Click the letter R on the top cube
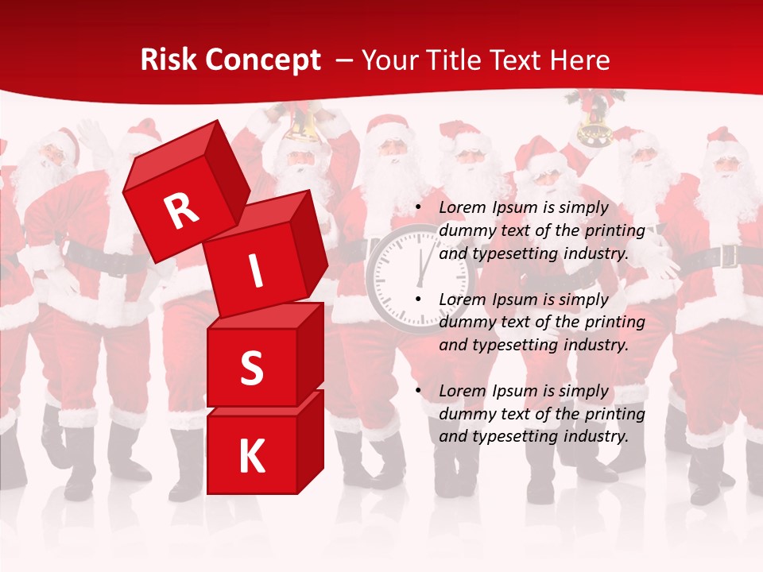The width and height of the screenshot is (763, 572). tap(181, 211)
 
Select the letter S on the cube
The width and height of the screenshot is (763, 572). tap(251, 369)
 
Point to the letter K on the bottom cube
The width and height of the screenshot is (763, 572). tap(251, 456)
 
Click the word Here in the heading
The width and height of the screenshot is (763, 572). tap(577, 60)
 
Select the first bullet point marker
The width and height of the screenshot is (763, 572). tap(419, 208)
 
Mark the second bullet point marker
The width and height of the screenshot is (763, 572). tap(419, 300)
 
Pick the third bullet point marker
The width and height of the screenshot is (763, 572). tap(419, 392)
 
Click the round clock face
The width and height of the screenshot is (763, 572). tap(420, 274)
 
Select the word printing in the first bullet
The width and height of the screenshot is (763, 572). tap(614, 231)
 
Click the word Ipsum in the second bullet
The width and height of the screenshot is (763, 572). tap(514, 300)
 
